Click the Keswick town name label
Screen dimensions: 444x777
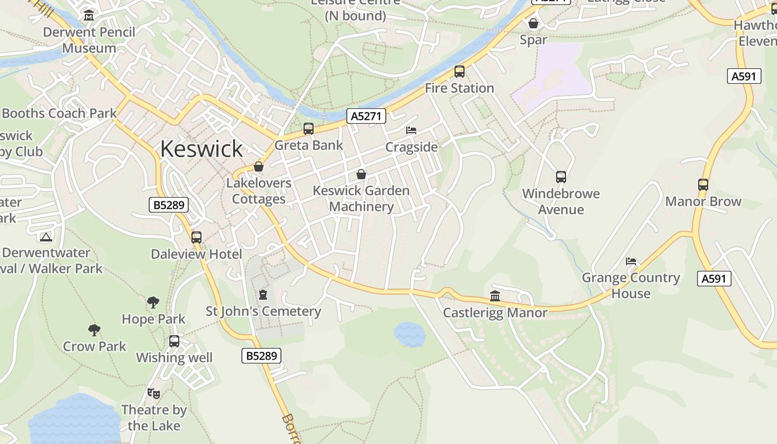click(201, 149)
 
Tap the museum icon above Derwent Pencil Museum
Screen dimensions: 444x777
click(89, 16)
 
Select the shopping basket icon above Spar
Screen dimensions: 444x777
click(533, 23)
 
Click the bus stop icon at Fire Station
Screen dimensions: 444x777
click(460, 71)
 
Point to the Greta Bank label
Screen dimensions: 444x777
click(309, 145)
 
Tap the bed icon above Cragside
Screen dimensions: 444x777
click(411, 130)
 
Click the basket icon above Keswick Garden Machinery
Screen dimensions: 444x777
click(361, 174)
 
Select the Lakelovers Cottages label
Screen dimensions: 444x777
click(259, 191)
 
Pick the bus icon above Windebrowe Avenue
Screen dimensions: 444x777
click(561, 177)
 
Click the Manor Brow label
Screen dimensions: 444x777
click(703, 201)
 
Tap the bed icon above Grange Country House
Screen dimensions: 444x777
click(631, 261)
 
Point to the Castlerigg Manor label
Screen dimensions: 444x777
click(495, 313)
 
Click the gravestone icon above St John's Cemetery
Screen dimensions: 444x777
click(263, 295)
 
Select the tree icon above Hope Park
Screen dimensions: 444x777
click(153, 302)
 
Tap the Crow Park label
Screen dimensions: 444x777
click(95, 346)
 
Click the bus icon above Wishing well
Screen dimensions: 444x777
click(174, 341)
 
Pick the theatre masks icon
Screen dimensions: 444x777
click(154, 393)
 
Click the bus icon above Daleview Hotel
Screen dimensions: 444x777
click(196, 238)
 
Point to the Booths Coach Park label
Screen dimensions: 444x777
click(59, 113)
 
